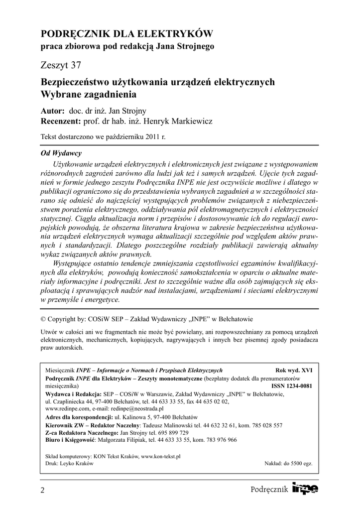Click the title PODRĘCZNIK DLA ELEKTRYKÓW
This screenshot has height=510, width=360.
tap(126, 34)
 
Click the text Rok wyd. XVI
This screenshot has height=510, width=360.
tap(294, 371)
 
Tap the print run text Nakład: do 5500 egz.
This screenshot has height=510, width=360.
tap(288, 463)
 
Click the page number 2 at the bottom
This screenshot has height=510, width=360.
tap(42, 491)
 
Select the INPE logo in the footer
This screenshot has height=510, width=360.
tap(305, 489)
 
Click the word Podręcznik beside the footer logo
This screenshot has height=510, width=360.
tap(270, 490)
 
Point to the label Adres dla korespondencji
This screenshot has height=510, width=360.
tap(79, 416)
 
